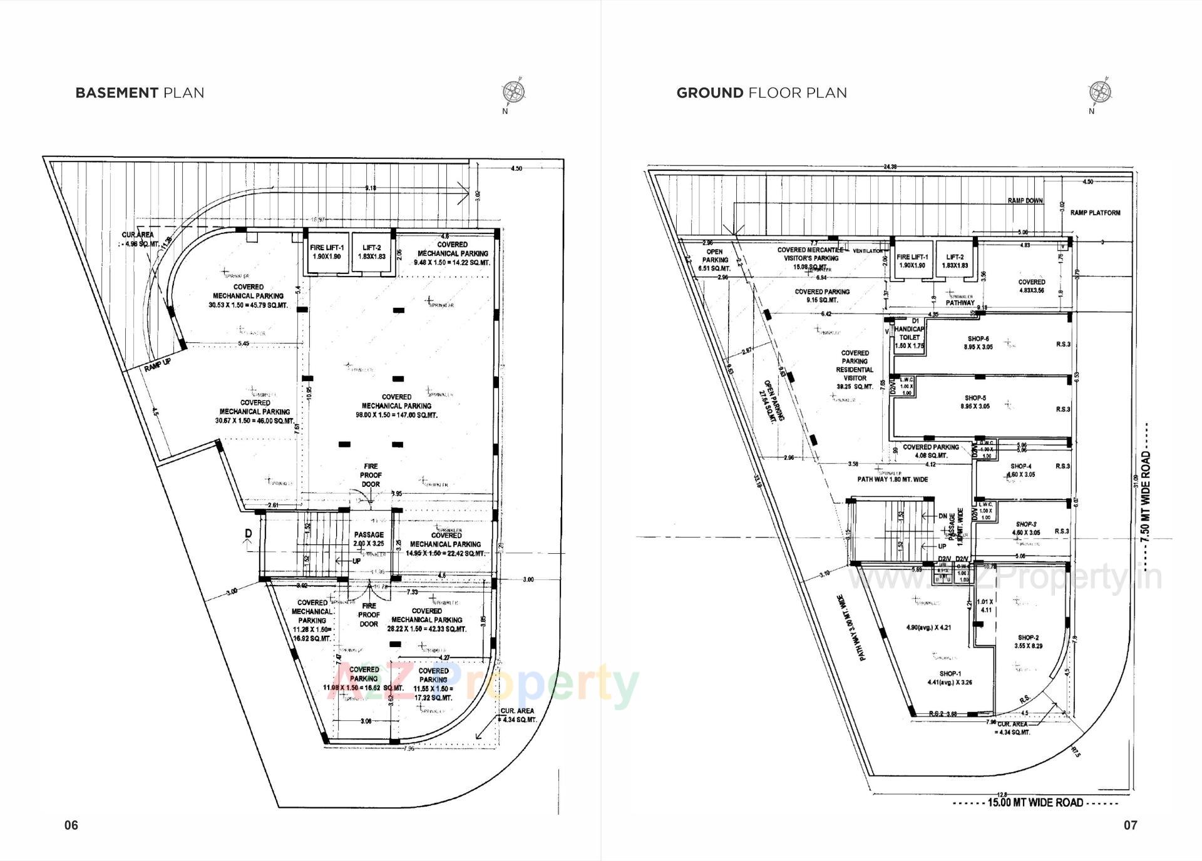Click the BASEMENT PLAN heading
coord(140,93)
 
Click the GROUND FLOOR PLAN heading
coord(761,93)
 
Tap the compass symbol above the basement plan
coord(513,93)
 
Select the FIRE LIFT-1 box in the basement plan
coord(326,252)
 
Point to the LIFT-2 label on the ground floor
coord(955,257)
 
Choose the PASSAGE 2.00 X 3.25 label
coord(369,539)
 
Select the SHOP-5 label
coord(975,398)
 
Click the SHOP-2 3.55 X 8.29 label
coord(1030,641)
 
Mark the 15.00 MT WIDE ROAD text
coord(1035,803)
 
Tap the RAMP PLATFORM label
coord(1095,213)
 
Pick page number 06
coord(71,825)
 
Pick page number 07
coord(1130,825)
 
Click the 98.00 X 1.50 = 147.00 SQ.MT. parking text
coord(396,415)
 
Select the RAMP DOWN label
coord(1025,201)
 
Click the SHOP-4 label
coord(1020,466)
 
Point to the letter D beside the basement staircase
coord(248,533)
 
